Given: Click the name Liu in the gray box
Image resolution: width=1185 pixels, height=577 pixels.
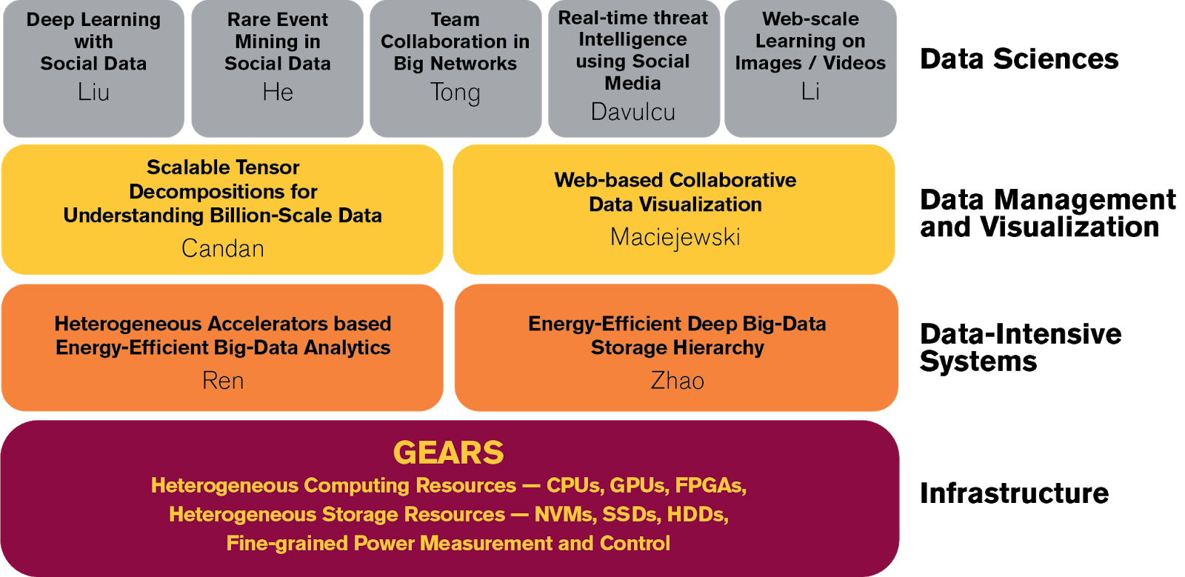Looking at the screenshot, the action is point(93,92).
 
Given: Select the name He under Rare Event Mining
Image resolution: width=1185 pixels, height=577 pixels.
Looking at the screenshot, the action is point(278,92).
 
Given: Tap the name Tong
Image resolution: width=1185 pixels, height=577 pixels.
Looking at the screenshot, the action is point(455,93).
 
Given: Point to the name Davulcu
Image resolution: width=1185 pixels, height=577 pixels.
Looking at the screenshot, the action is point(633,112).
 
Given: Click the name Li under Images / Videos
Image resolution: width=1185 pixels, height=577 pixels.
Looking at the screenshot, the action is point(810,91).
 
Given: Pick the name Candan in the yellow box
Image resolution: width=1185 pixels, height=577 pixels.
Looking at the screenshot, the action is point(223,248).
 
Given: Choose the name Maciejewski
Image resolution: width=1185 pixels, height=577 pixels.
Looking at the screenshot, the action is point(675,237).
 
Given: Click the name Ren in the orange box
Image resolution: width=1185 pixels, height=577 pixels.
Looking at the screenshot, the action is point(223,380).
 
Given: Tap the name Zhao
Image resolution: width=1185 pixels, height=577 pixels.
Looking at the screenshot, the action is point(677,380).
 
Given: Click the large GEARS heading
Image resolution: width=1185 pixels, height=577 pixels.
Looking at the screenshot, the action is point(449,453).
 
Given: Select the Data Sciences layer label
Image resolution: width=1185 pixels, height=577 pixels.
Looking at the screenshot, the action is point(1019,59).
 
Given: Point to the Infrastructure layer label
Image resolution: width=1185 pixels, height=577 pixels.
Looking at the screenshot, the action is point(1014,493).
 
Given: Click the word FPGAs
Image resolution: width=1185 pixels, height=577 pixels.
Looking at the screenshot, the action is point(711,485).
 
